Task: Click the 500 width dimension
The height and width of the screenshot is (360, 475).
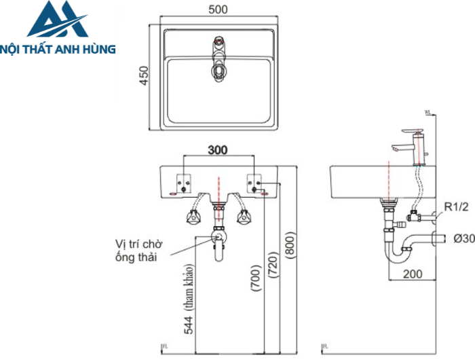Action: click(218, 10)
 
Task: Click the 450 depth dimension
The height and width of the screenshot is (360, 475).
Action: click(143, 73)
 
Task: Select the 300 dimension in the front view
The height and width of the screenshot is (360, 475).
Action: click(218, 149)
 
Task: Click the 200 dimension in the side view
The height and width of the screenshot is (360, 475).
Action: click(411, 274)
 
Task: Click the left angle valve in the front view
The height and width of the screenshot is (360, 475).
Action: click(192, 217)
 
